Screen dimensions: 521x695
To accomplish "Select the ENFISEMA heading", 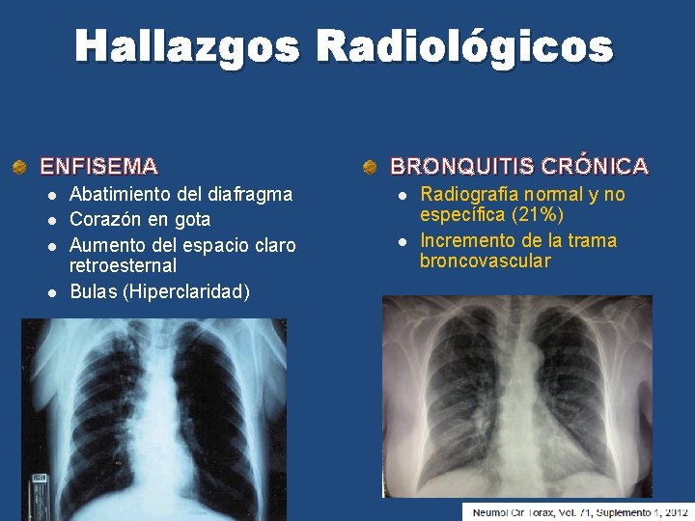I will pos(98,166).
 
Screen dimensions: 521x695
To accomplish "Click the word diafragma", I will pos(250,194).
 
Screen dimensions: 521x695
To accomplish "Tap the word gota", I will pos(189,220).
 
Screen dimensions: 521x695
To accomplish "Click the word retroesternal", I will pos(123,265).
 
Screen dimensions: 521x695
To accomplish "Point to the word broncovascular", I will pos(486,261).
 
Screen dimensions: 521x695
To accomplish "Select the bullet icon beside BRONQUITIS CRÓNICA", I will pos(370,167).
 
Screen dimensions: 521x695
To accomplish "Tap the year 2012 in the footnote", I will pos(670,511).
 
